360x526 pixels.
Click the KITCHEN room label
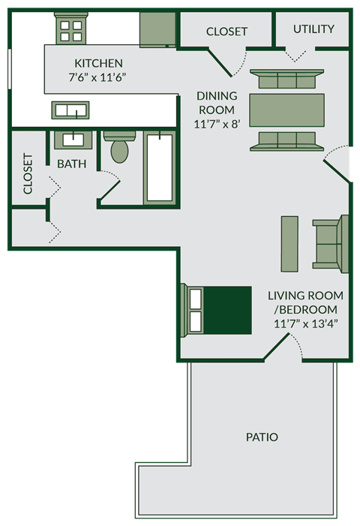click(x=97, y=63)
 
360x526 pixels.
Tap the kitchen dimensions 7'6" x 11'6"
click(x=97, y=77)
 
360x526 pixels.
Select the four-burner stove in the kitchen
click(x=72, y=31)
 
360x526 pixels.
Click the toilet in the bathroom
click(x=118, y=147)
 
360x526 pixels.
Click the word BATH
click(x=71, y=164)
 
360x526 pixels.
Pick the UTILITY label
click(x=313, y=29)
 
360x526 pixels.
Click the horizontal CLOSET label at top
click(x=226, y=32)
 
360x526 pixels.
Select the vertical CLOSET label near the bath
click(x=28, y=174)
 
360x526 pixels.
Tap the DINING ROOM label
click(x=217, y=103)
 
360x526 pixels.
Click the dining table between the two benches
click(x=286, y=110)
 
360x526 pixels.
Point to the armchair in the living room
click(x=331, y=244)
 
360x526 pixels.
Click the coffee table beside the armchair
click(x=289, y=244)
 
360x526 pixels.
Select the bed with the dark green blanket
click(x=217, y=309)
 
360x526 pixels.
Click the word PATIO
click(x=262, y=437)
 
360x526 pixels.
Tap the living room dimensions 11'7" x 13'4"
click(x=306, y=324)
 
